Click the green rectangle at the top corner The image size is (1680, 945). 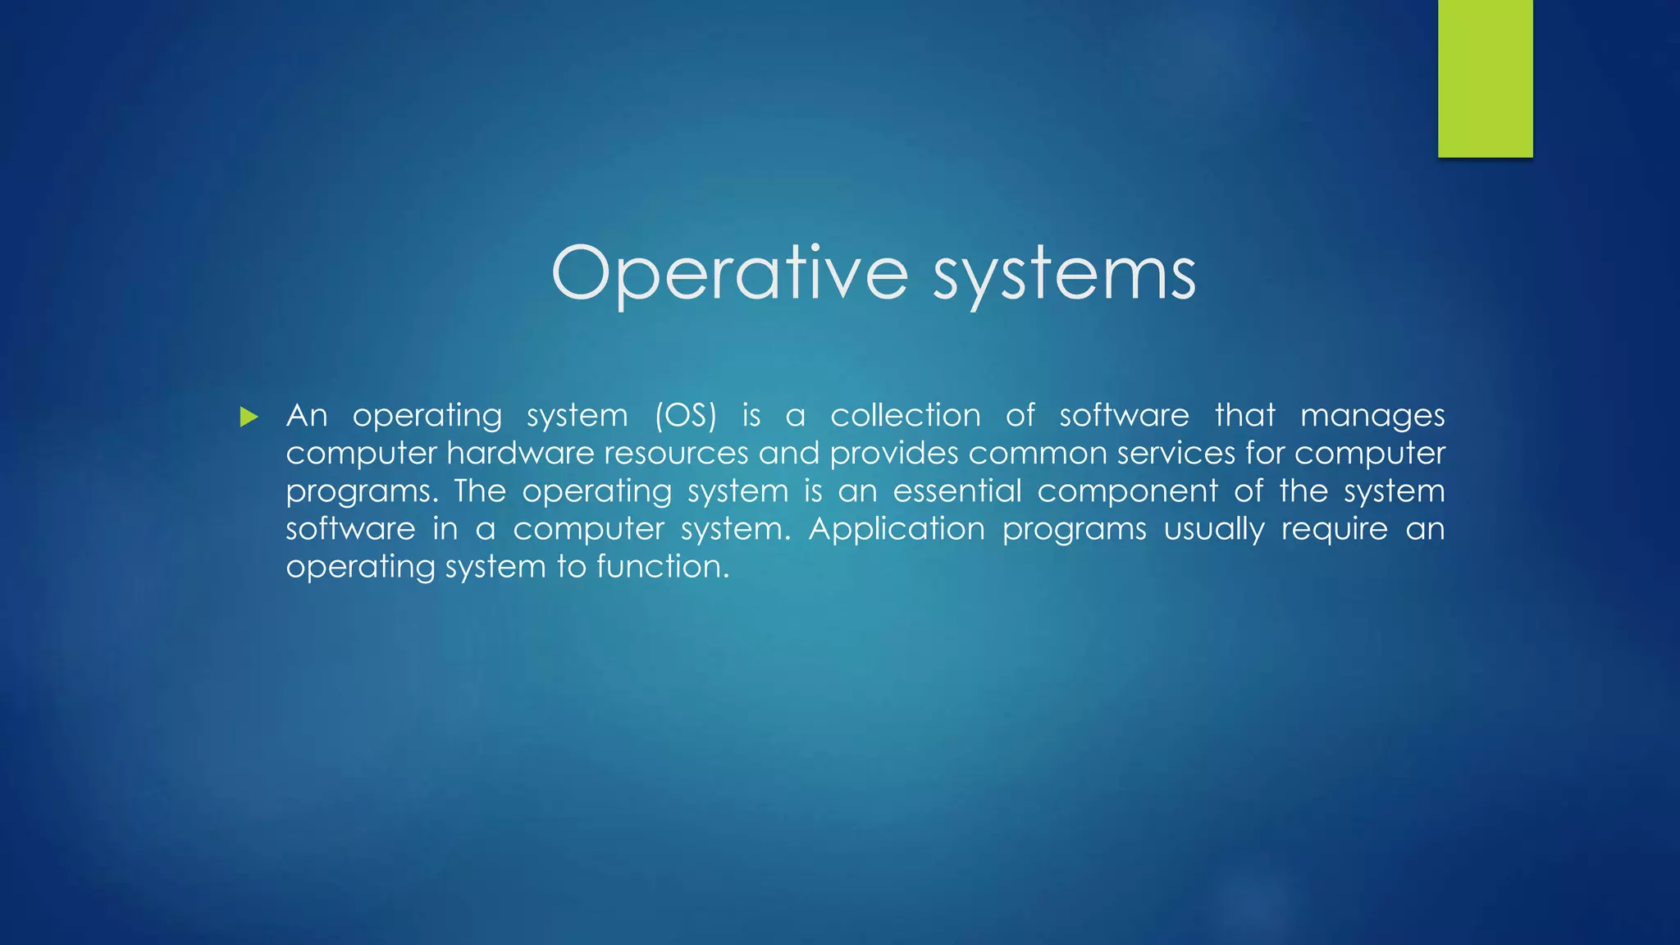pyautogui.click(x=1485, y=78)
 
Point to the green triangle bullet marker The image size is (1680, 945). pyautogui.click(x=249, y=418)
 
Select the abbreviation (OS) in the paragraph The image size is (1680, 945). pyautogui.click(x=686, y=416)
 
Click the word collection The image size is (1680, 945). pyautogui.click(x=906, y=416)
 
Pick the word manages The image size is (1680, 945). pyautogui.click(x=1372, y=416)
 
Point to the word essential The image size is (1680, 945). pyautogui.click(x=957, y=491)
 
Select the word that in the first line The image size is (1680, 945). pyautogui.click(x=1244, y=416)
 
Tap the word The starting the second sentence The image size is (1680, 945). pyautogui.click(x=480, y=491)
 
